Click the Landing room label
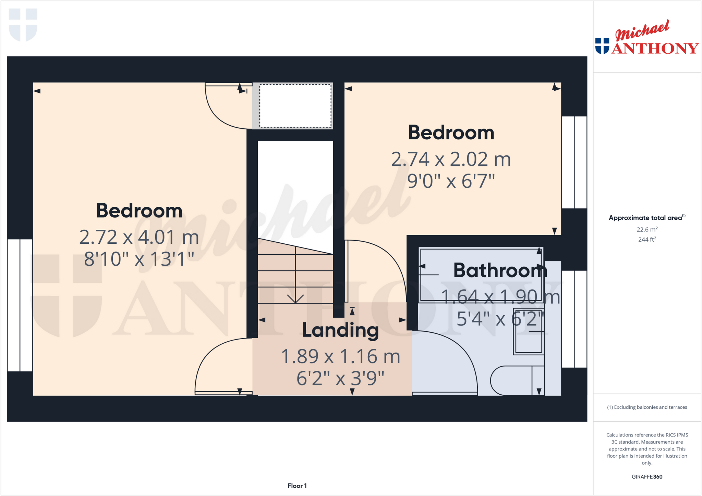click(340, 331)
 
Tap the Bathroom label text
click(500, 270)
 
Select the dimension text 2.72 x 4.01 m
click(139, 237)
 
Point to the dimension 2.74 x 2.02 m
click(451, 160)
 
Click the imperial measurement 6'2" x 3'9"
click(340, 379)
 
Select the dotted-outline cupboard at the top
click(295, 106)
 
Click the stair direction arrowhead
click(295, 298)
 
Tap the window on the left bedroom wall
click(20, 305)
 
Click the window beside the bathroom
click(574, 319)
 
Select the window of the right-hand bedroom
click(574, 162)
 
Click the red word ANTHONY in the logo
click(655, 48)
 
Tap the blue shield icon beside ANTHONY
click(602, 46)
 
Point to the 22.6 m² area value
click(647, 229)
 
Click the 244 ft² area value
click(647, 239)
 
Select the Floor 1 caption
click(297, 486)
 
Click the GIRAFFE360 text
click(647, 476)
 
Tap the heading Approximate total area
click(645, 218)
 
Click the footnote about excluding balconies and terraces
click(647, 407)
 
